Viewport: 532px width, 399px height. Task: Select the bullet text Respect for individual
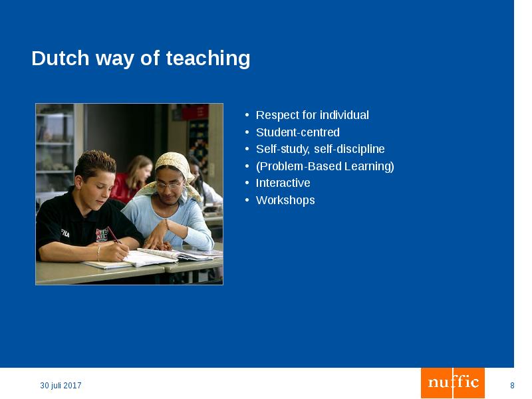pos(312,115)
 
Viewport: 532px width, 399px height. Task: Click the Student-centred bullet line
pos(297,132)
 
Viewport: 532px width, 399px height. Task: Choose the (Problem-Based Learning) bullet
pos(325,166)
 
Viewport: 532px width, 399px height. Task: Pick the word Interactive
pos(283,183)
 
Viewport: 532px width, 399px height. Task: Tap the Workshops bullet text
pos(285,200)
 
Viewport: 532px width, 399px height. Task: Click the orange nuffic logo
pos(453,382)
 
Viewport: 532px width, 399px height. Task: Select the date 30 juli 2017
pos(61,386)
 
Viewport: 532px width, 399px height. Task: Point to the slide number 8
pos(512,386)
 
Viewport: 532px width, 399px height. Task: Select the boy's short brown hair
pos(94,162)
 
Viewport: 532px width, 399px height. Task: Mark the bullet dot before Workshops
pos(247,200)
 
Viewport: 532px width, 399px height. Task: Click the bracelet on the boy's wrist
pos(98,251)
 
